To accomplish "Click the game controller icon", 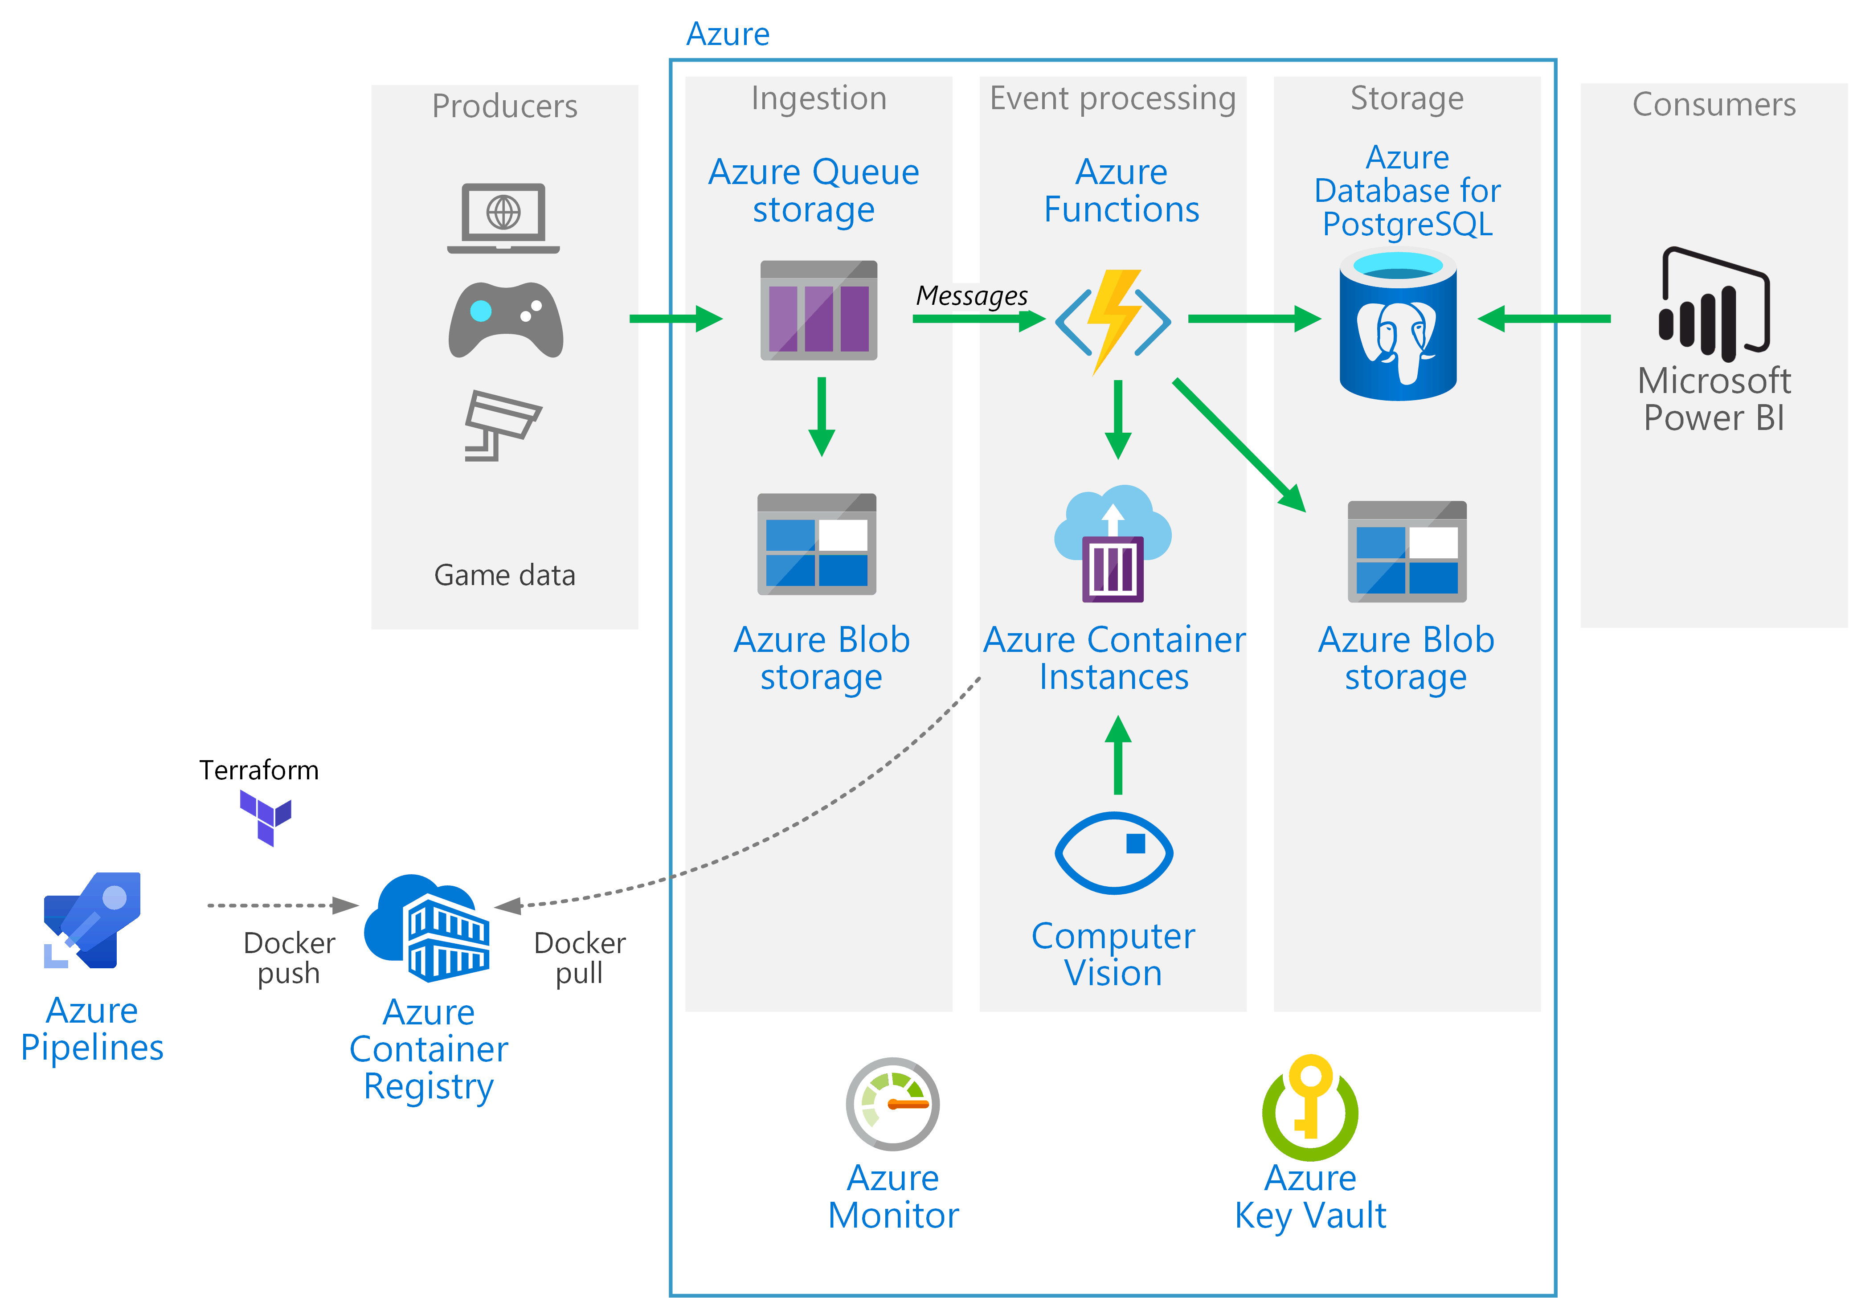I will pyautogui.click(x=506, y=319).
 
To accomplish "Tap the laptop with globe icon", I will pyautogui.click(x=503, y=217).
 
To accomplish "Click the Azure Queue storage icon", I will pyautogui.click(x=818, y=310).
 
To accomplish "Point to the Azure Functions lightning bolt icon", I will pyautogui.click(x=1113, y=320).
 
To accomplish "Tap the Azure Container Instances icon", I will pyautogui.click(x=1113, y=544).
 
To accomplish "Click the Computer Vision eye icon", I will pyautogui.click(x=1114, y=853).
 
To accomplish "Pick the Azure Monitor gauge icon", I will pyautogui.click(x=892, y=1103).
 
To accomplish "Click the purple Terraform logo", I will pyautogui.click(x=266, y=816).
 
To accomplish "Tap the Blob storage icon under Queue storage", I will pyautogui.click(x=817, y=545).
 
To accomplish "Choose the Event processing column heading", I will pyautogui.click(x=1112, y=98).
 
